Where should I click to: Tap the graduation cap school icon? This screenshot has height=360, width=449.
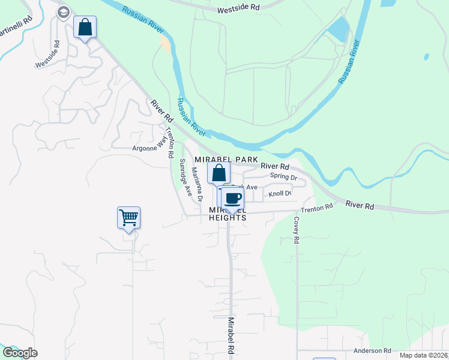[x=64, y=11]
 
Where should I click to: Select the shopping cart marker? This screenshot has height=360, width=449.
[x=128, y=218]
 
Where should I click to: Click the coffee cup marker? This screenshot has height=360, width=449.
[x=232, y=199]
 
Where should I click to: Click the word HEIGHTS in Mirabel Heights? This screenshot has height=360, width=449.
[x=228, y=218]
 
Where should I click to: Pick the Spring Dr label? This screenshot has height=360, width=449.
[x=283, y=176]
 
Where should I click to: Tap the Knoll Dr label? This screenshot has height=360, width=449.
[x=280, y=193]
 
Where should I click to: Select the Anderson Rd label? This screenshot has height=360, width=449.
[x=372, y=350]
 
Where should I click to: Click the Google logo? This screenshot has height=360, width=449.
[x=20, y=353]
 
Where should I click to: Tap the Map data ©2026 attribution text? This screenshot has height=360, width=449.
[x=424, y=355]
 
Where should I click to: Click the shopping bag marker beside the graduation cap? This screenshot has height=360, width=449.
[x=85, y=27]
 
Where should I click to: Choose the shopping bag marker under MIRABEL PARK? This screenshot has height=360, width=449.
[x=219, y=173]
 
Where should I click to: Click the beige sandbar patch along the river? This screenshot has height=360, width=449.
[x=164, y=43]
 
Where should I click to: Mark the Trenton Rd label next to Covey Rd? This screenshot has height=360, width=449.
[x=316, y=209]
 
